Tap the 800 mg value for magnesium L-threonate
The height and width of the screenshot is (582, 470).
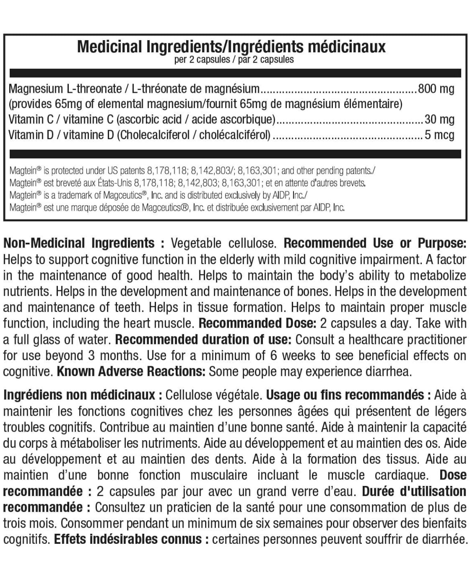(x=436, y=89)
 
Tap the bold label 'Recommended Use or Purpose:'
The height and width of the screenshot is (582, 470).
(x=375, y=243)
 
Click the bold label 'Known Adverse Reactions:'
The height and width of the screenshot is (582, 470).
(x=131, y=372)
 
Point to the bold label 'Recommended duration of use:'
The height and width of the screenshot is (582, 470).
(x=203, y=340)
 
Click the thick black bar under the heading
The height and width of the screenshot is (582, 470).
(x=235, y=73)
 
